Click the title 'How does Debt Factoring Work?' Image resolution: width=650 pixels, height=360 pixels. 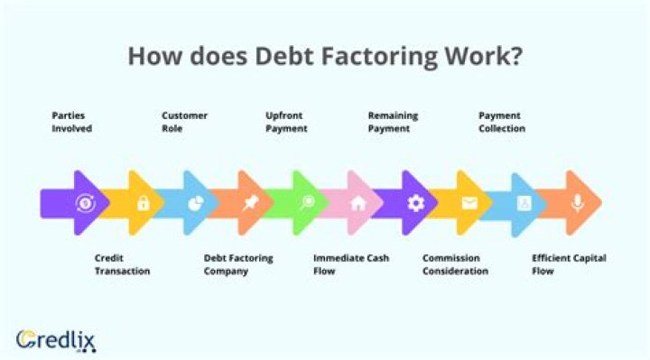click(325, 55)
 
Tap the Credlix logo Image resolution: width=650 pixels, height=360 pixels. click(56, 340)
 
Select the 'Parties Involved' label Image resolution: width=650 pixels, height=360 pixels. click(71, 122)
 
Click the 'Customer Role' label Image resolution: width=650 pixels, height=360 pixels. click(184, 122)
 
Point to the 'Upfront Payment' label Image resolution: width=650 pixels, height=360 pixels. click(286, 122)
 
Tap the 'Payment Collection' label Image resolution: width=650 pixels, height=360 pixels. click(502, 122)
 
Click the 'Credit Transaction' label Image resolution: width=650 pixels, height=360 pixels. click(122, 264)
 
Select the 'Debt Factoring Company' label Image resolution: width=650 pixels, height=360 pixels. click(238, 264)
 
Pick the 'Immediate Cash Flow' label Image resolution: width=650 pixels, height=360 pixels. click(351, 264)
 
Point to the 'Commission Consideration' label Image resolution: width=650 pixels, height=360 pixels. click(455, 264)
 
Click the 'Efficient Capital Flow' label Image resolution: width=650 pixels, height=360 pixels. click(569, 264)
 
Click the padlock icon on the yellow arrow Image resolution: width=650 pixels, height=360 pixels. click(143, 204)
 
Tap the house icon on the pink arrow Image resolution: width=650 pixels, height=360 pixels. click(358, 204)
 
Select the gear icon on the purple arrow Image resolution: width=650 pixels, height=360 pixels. click(415, 204)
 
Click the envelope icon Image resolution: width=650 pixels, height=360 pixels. click(469, 204)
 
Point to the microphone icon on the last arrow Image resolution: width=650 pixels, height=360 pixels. click(578, 204)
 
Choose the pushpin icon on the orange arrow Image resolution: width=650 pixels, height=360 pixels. click(251, 204)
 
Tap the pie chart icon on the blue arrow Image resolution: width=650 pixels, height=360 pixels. click(194, 204)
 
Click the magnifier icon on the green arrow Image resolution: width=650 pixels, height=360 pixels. click(307, 204)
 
